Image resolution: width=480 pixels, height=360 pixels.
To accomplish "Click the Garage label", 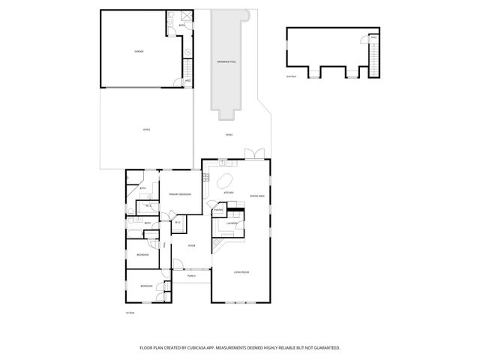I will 139,51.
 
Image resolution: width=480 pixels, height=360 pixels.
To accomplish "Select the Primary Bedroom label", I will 180,194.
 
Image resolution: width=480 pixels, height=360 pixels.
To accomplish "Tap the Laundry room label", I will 233,223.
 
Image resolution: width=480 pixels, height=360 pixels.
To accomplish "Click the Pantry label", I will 219,211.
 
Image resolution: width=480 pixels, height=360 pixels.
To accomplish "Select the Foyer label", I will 192,244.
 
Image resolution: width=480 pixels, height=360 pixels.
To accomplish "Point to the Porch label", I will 192,276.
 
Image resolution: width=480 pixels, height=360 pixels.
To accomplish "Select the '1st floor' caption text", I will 130,312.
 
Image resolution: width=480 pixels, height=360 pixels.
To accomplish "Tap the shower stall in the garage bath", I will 172,17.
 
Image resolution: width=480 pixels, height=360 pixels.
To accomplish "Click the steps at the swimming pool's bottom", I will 226,115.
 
